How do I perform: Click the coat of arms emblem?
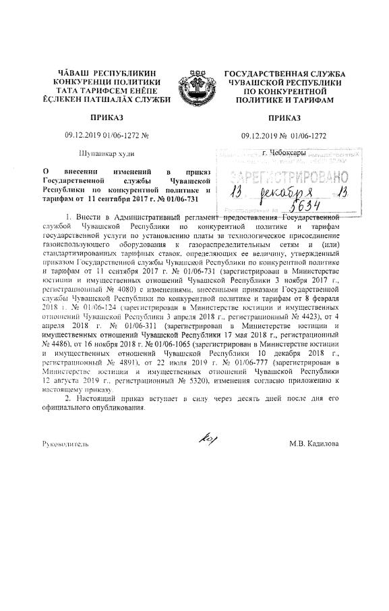point(195,87)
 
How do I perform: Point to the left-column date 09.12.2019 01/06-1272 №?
point(107,136)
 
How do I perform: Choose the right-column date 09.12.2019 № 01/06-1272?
point(284,136)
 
